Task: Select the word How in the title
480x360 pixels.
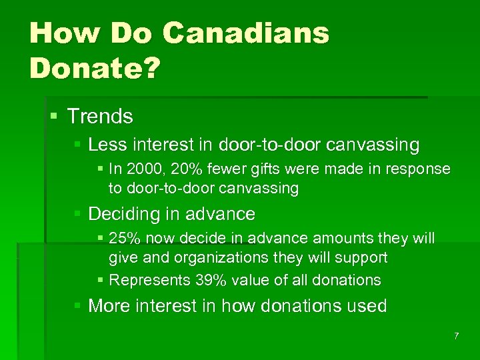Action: tap(59, 33)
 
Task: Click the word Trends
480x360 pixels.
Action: tap(100, 117)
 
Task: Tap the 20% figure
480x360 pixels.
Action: tap(181, 169)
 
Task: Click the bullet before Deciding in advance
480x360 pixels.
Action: tap(78, 214)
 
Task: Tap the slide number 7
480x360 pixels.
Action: tap(456, 336)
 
